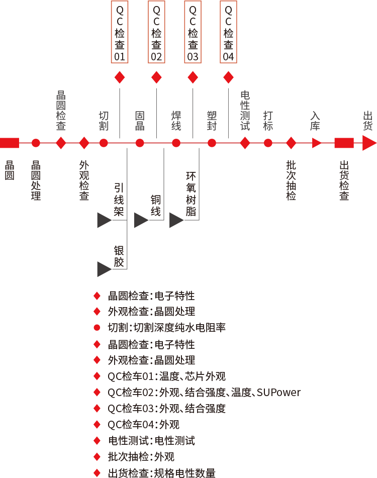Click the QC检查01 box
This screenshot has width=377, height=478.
pyautogui.click(x=120, y=32)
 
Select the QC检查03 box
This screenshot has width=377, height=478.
pyautogui.click(x=193, y=32)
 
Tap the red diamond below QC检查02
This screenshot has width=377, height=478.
pyautogui.click(x=156, y=77)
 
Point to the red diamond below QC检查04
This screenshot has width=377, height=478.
pyautogui.click(x=228, y=77)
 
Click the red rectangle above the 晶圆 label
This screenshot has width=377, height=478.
pyautogui.click(x=10, y=143)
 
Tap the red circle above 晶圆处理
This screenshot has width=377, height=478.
pyautogui.click(x=36, y=143)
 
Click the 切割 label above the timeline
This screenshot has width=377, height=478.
pyautogui.click(x=104, y=121)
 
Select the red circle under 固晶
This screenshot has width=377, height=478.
pyautogui.click(x=140, y=143)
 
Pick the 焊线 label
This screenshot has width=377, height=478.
pyautogui.click(x=176, y=121)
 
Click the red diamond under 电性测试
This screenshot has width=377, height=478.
pyautogui.click(x=245, y=143)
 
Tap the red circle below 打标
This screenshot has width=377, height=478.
pyautogui.click(x=268, y=143)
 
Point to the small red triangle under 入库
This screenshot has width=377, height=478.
pyautogui.click(x=317, y=143)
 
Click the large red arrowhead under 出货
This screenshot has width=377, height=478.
pyautogui.click(x=369, y=143)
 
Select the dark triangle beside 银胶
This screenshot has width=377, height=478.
pyautogui.click(x=104, y=269)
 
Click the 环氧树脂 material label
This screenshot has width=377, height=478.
pyautogui.click(x=191, y=194)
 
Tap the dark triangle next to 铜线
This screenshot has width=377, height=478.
pyautogui.click(x=141, y=220)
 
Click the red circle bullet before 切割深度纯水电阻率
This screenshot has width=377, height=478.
pyautogui.click(x=97, y=328)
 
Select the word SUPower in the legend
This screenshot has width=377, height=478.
pyautogui.click(x=278, y=393)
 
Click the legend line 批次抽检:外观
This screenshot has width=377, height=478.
pyautogui.click(x=141, y=457)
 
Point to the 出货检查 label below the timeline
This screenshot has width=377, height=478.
pyautogui.click(x=344, y=180)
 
